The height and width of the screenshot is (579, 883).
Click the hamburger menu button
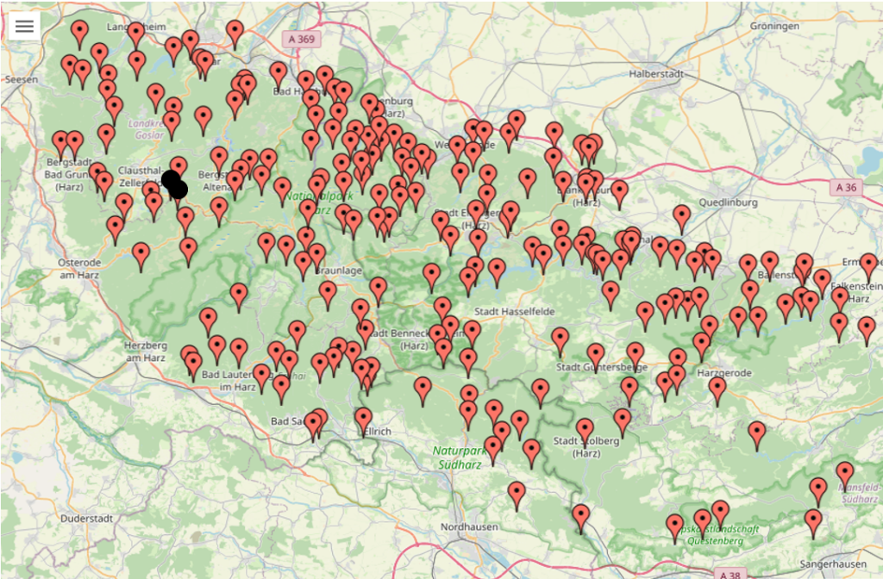coord(24,26)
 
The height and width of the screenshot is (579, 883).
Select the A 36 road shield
coord(846,187)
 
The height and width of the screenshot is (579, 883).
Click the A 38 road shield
coord(730,573)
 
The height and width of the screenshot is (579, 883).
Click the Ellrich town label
coord(377,431)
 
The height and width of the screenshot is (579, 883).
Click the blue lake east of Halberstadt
coord(869,159)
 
